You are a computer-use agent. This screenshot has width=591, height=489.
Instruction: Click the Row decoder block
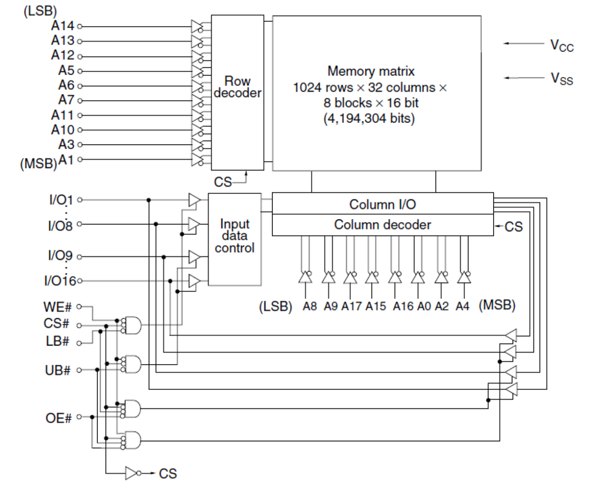(x=237, y=92)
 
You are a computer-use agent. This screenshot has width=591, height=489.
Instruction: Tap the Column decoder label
(x=382, y=225)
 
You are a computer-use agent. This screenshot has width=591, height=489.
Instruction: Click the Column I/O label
(x=382, y=204)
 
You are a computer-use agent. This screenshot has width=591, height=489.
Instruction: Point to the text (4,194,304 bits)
(x=369, y=118)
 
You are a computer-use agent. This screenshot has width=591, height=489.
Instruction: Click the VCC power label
(x=562, y=46)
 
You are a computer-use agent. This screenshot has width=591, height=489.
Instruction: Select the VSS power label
(x=562, y=79)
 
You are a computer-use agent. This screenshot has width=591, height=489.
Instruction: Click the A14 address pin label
(x=62, y=26)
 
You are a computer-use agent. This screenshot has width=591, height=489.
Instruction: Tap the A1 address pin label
(x=66, y=160)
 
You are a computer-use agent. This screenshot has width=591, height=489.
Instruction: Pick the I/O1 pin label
(x=61, y=200)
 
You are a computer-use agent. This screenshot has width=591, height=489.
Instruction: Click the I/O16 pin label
(x=60, y=281)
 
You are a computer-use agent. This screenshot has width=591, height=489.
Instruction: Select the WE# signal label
(x=57, y=307)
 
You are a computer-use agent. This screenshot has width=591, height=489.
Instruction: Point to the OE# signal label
(x=59, y=418)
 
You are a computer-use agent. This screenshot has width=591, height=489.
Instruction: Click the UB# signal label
(x=57, y=370)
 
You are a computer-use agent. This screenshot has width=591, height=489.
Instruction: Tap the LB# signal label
(x=57, y=341)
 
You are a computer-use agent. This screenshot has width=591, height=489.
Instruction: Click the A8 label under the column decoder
(x=310, y=306)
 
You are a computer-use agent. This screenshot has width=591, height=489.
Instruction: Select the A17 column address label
(x=351, y=306)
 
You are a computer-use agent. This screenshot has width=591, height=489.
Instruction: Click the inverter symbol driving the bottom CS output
(x=132, y=473)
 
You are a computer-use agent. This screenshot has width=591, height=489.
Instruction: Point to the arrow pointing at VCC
(x=523, y=43)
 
